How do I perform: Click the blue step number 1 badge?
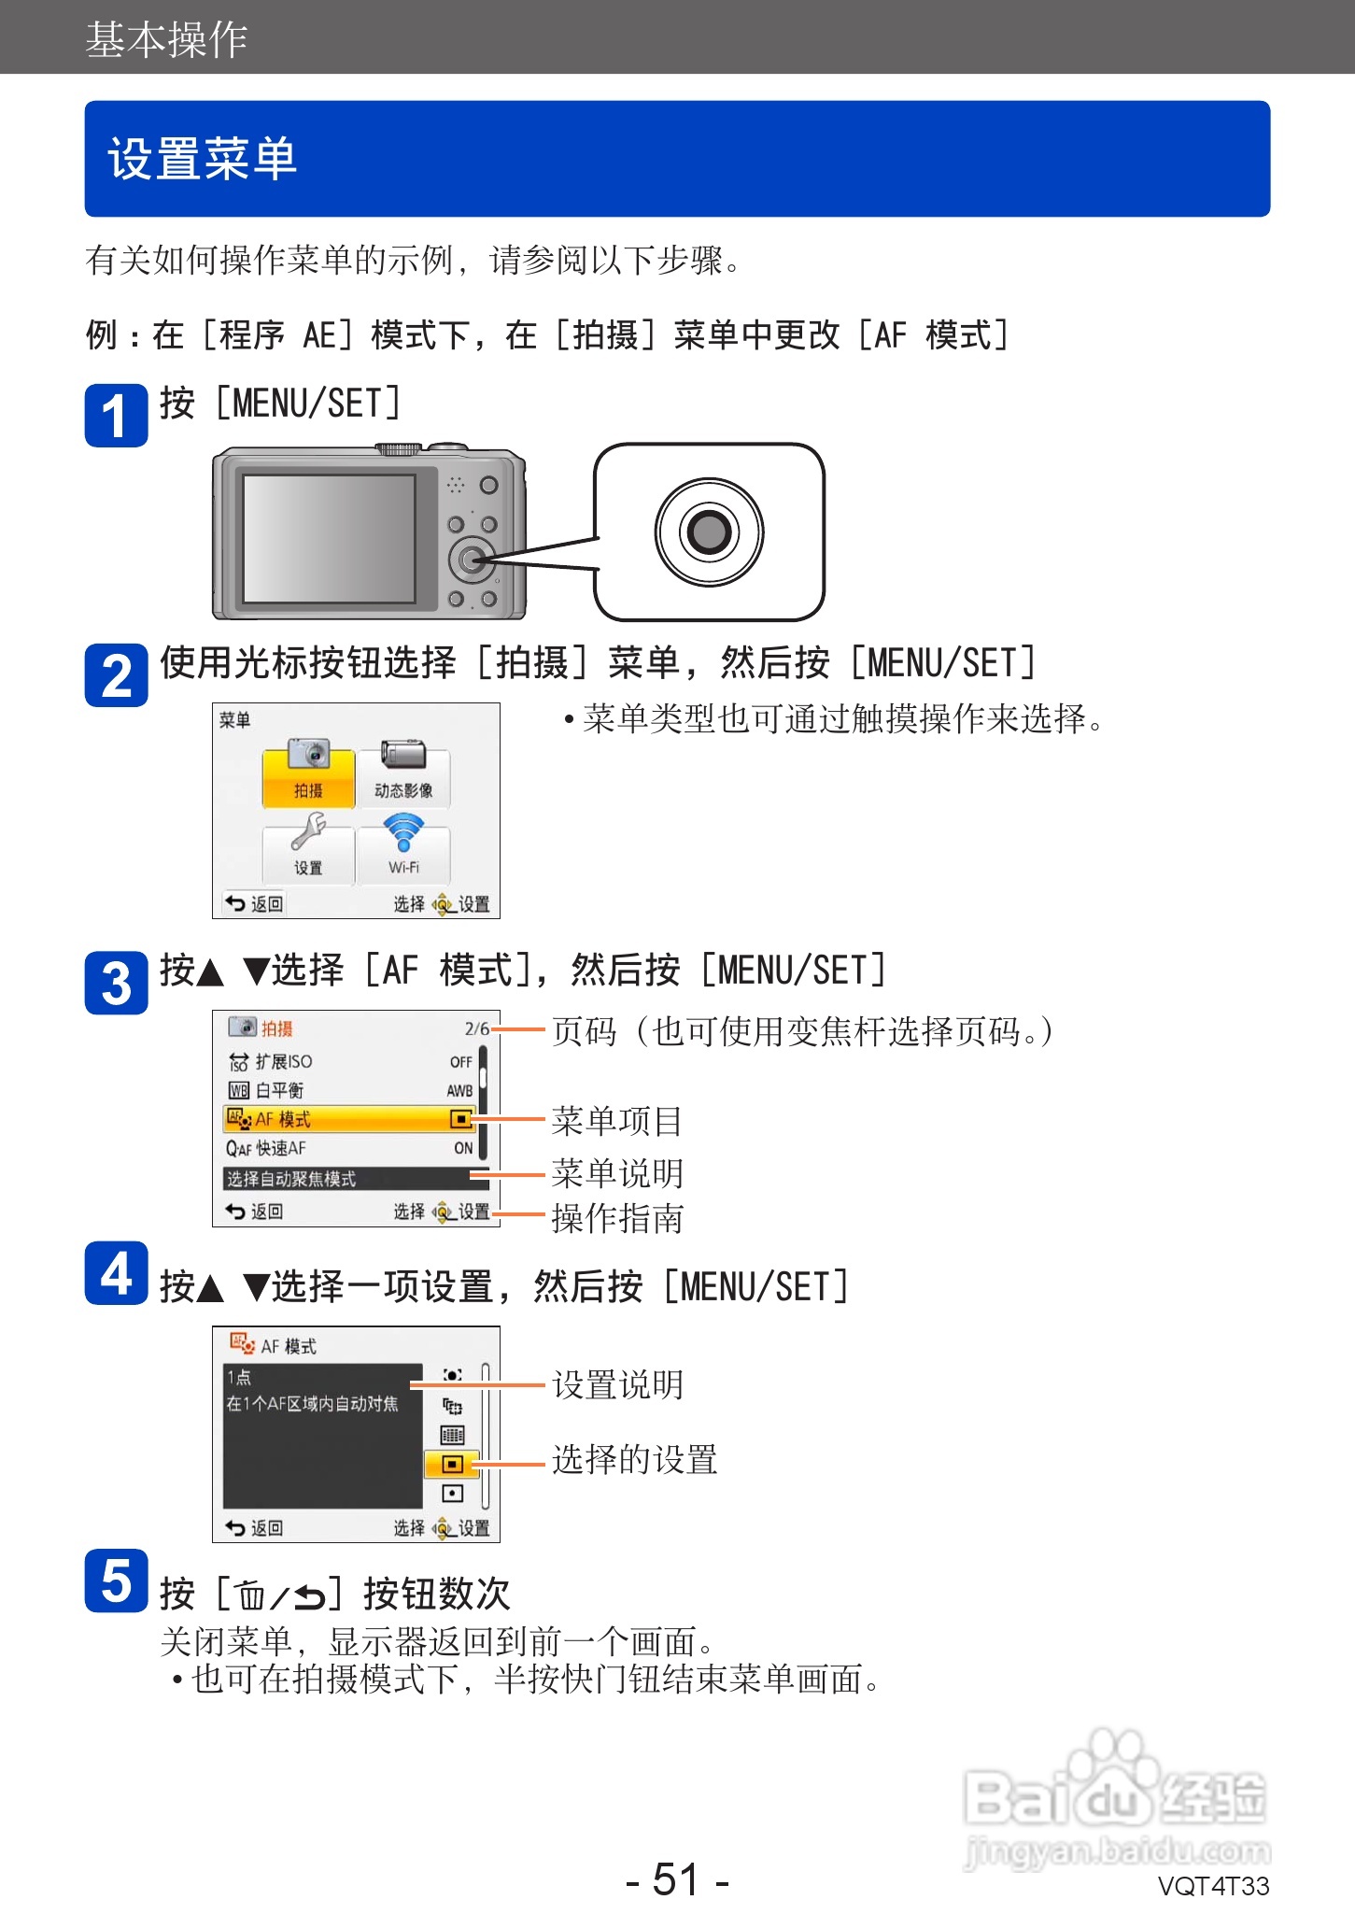point(116,416)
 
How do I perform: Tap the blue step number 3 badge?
point(116,983)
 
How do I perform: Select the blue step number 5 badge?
point(116,1581)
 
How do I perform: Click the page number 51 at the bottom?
point(676,1879)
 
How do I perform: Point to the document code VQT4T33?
point(1213,1886)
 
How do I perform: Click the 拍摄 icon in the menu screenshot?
point(309,755)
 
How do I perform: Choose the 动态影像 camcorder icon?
point(403,755)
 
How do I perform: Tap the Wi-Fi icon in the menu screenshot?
point(403,831)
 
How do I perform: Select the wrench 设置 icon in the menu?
point(308,831)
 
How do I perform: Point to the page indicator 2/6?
point(476,1028)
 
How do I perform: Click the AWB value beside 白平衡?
point(459,1090)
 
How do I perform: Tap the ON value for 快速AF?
point(463,1148)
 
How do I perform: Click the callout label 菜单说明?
point(617,1173)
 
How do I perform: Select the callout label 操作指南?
point(617,1218)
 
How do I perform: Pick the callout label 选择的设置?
point(634,1459)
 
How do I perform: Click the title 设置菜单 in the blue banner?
point(203,159)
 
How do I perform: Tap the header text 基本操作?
point(166,39)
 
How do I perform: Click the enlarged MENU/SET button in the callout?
point(709,532)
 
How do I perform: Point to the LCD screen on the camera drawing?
point(329,538)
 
